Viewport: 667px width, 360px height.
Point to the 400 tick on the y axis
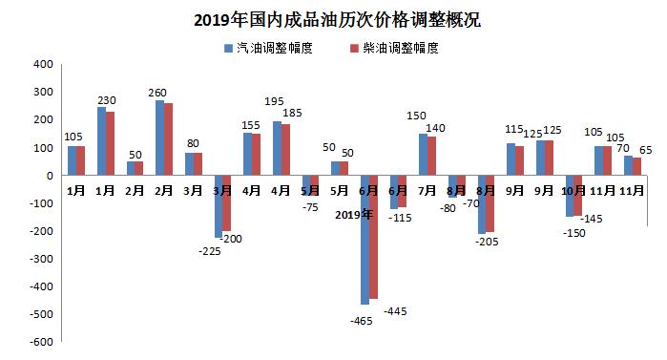[40, 65]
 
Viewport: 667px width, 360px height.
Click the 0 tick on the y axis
[48, 176]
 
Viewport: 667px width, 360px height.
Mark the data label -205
[489, 243]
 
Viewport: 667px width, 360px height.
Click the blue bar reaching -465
[365, 240]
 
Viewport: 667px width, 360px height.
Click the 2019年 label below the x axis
[354, 214]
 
